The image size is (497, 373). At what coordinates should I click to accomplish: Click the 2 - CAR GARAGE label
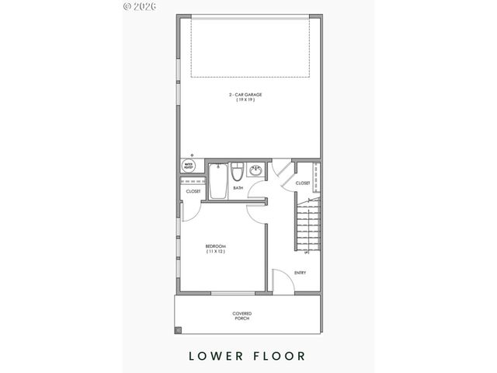click(245, 95)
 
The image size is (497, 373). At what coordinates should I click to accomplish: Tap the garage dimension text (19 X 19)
click(245, 100)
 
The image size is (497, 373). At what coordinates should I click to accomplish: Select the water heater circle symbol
click(188, 166)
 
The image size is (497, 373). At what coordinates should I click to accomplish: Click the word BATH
click(238, 187)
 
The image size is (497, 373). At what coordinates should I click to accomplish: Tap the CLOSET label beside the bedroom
click(193, 191)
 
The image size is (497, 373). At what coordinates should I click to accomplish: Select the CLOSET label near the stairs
click(302, 183)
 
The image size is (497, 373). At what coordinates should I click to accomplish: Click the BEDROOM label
click(215, 246)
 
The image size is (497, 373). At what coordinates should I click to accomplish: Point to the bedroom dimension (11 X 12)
click(215, 252)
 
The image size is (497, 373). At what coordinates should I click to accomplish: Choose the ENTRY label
click(301, 272)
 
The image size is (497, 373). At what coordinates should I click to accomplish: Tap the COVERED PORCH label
click(242, 315)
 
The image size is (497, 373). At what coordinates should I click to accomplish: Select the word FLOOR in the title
click(280, 356)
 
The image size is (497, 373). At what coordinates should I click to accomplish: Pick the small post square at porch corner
click(178, 330)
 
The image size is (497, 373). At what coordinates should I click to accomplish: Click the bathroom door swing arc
click(257, 207)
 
